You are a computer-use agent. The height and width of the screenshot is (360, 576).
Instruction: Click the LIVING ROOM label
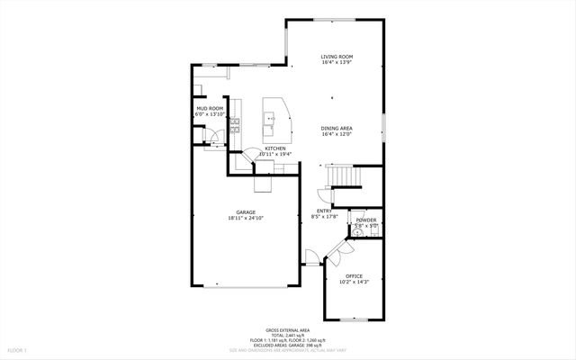pos(336,57)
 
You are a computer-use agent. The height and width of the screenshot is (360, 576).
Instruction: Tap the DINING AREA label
pos(336,129)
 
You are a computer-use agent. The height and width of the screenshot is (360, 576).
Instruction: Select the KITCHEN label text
pos(275,148)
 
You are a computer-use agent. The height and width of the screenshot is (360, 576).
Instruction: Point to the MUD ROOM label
pos(210,109)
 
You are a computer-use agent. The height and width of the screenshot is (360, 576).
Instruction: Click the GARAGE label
pos(245,212)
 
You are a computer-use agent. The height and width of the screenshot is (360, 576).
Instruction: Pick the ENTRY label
pos(324,211)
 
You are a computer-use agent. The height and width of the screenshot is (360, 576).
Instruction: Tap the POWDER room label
pos(365,220)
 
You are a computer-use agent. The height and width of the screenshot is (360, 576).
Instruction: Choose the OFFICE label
pos(353,276)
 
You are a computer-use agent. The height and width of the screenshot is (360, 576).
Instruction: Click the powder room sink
pos(356,232)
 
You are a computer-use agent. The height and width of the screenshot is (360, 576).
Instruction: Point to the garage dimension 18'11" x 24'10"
pos(245,219)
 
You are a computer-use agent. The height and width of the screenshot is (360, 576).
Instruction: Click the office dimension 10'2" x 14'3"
pos(353,283)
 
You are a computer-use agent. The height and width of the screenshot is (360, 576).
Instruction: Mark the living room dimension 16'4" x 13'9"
pos(336,63)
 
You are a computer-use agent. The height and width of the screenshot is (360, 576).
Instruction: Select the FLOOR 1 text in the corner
pos(17,349)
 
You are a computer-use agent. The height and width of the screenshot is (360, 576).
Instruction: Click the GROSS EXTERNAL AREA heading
pos(288,330)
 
